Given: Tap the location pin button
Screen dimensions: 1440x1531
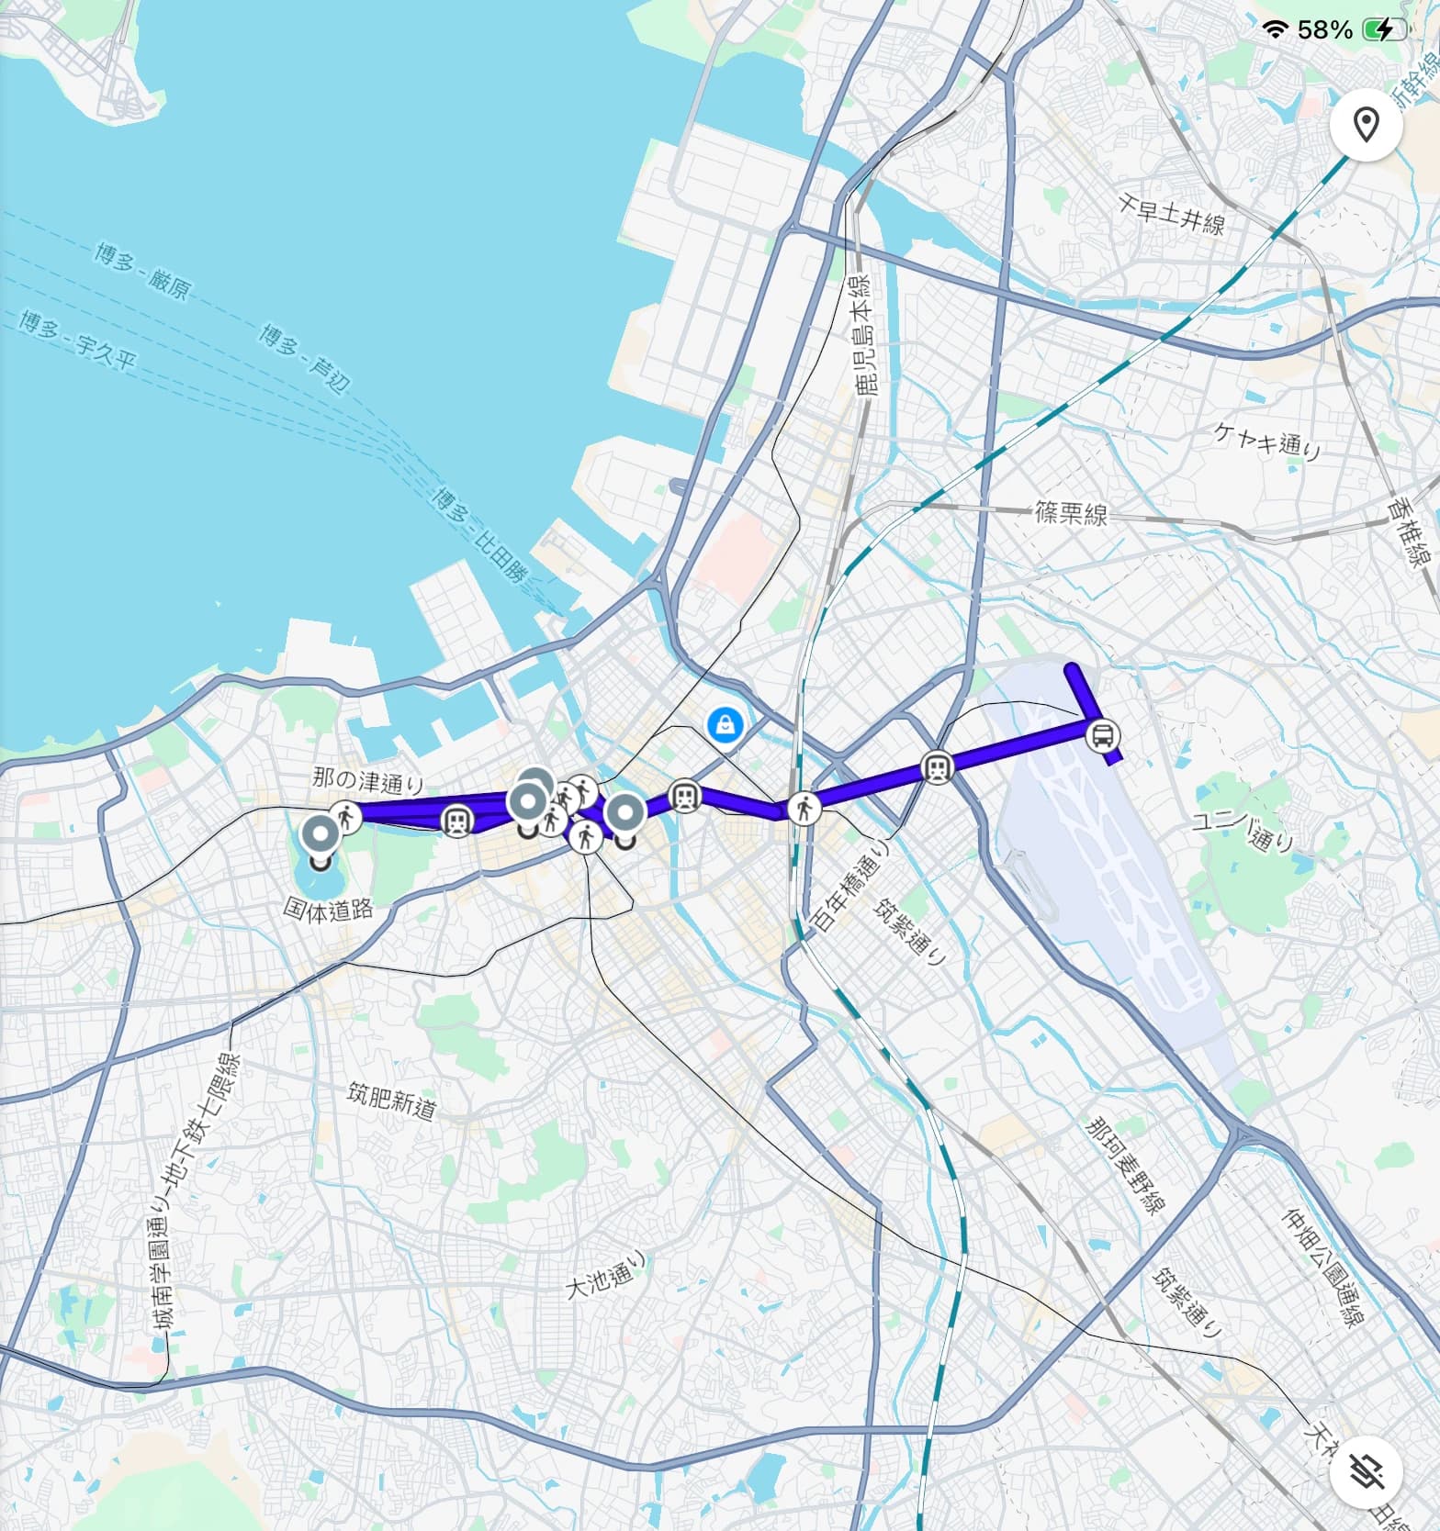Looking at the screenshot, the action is pos(1367,124).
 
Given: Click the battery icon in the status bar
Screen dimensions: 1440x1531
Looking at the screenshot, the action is pos(1384,30).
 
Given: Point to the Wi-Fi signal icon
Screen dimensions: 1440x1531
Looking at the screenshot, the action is pos(1275,30).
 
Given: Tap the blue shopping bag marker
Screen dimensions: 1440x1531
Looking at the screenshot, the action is pos(726,725).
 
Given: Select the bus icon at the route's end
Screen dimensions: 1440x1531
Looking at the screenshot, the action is pos(1102,734).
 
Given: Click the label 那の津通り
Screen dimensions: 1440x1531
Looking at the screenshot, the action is pos(368,781).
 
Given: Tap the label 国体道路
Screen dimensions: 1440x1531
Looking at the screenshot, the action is pos(328,909).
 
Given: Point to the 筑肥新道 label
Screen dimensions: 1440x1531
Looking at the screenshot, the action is pos(391,1100).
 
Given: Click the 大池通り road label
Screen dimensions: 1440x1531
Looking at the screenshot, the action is pos(606,1275).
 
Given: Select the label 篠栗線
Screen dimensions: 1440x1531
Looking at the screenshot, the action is pos(1071,513).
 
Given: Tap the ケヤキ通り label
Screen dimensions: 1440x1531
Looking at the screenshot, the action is pos(1267,441).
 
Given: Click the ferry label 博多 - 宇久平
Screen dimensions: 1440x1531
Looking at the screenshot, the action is pos(78,340).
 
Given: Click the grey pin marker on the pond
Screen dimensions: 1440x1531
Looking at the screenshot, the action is pos(321,838).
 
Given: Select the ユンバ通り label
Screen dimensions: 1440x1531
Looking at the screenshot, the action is pos(1243,832).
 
